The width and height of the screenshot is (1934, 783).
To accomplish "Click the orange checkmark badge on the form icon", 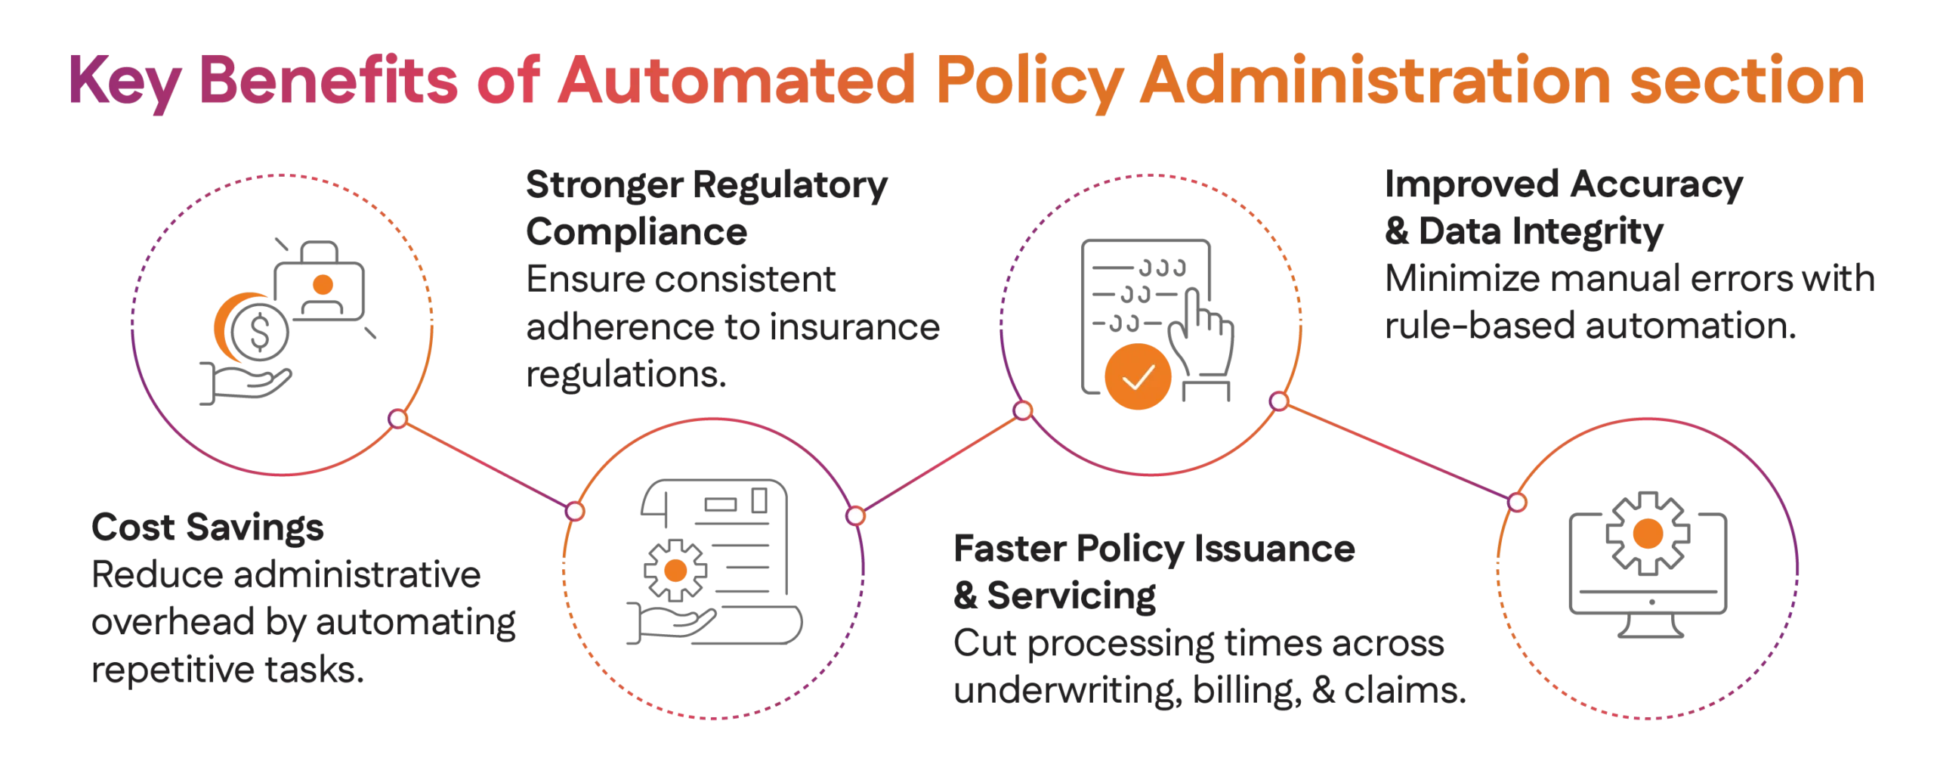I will coord(1138,376).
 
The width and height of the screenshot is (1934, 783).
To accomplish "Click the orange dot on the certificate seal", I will coord(674,571).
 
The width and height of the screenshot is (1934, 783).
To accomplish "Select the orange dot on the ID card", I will coord(323,284).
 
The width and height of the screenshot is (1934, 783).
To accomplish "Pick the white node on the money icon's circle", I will coord(397,418).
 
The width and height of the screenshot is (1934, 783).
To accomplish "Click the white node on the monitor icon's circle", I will coord(1516,502).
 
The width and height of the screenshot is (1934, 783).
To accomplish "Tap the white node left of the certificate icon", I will coord(575,511).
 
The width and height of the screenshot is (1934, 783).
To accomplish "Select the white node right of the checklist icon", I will coord(1278,401).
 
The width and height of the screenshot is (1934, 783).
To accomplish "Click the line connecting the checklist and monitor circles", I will coord(1398,451).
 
